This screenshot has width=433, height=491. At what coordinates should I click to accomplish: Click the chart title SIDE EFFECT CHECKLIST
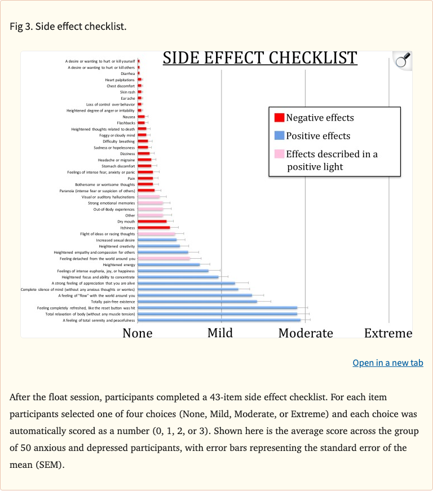[260, 58]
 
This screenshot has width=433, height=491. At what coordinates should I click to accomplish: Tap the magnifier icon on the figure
[402, 61]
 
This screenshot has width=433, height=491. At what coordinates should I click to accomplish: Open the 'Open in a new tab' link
[387, 363]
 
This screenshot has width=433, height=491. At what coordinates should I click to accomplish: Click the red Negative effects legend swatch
[279, 118]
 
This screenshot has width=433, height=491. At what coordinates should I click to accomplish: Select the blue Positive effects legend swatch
[279, 136]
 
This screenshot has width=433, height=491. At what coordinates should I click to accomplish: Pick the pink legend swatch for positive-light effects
[279, 154]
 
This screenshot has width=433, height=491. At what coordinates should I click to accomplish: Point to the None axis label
[138, 333]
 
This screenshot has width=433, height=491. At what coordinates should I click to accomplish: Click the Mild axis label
[220, 333]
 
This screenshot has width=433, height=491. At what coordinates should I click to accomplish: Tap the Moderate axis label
[306, 333]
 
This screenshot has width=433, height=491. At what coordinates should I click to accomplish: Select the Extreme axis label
[388, 333]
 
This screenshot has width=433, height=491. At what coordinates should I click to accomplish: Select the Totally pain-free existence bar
[197, 302]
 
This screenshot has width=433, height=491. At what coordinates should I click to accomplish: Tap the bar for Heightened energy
[169, 264]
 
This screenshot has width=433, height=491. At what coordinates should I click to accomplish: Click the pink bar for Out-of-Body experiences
[150, 209]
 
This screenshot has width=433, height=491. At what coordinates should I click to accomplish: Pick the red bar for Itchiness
[153, 228]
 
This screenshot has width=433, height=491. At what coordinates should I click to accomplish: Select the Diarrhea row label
[128, 73]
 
